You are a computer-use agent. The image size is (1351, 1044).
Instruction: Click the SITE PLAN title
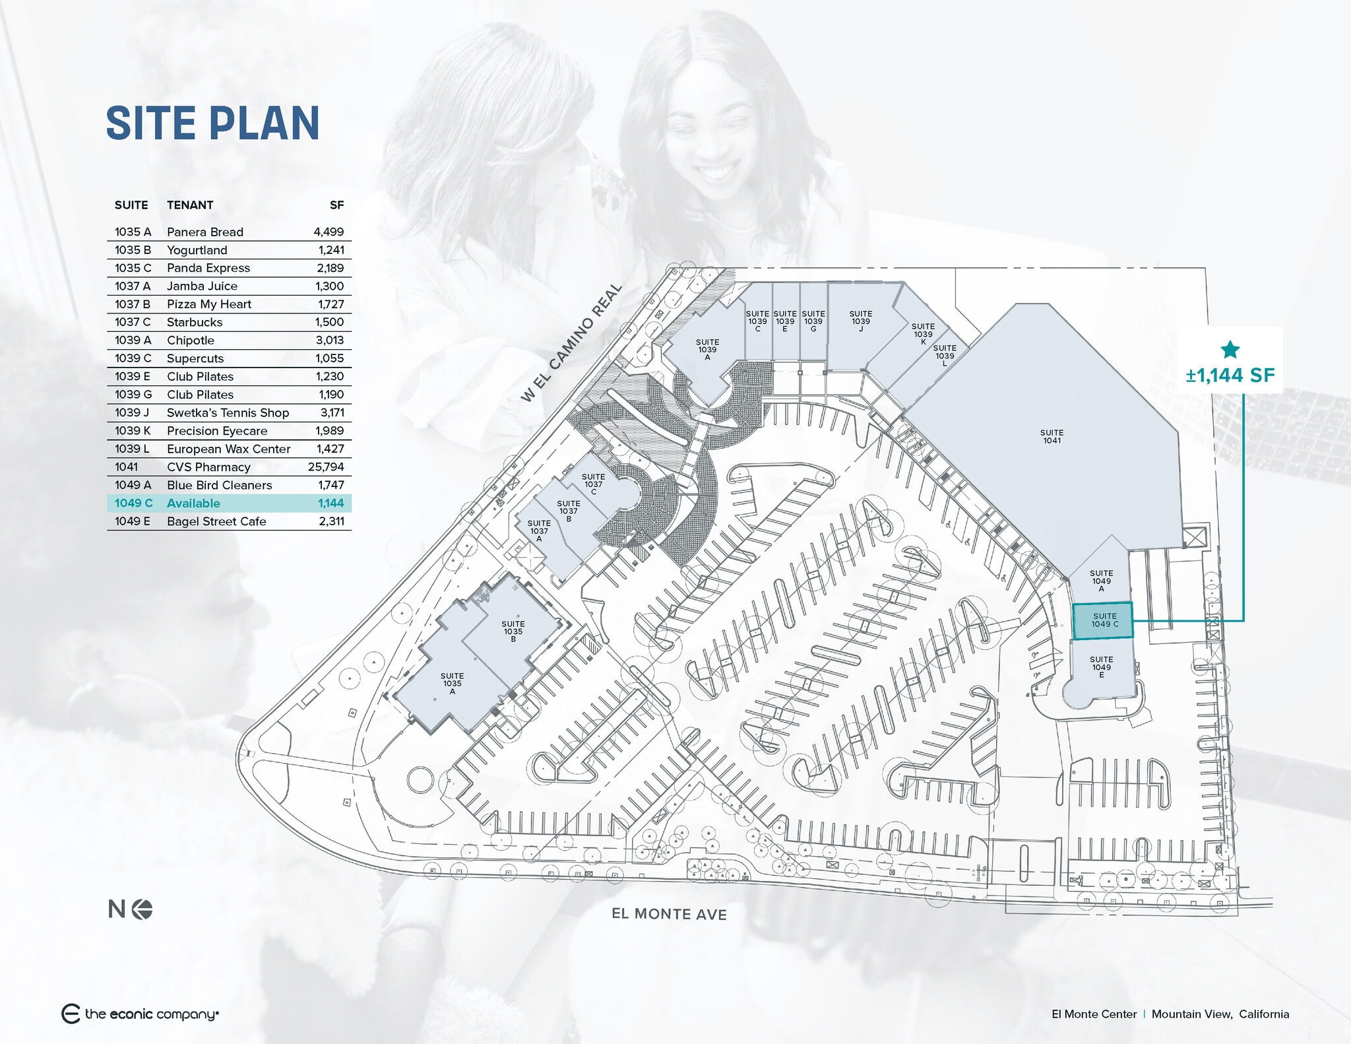212,123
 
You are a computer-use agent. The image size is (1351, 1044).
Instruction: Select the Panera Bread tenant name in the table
204,232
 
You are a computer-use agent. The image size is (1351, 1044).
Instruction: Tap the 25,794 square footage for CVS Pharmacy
326,467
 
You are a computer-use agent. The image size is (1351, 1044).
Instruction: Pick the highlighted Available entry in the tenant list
193,503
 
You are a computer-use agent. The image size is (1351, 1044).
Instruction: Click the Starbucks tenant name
195,322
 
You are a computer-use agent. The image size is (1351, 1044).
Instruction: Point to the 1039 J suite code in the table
132,412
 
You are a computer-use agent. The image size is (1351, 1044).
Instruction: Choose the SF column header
336,205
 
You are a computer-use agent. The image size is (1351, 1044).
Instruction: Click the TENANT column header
190,205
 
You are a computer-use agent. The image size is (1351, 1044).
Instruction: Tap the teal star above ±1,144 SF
1230,350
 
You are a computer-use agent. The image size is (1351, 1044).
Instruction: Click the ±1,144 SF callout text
1230,375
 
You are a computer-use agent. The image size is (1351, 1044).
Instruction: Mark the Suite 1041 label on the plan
1052,436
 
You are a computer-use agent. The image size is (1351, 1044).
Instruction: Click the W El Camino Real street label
571,343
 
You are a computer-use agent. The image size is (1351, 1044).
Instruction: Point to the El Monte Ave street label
669,914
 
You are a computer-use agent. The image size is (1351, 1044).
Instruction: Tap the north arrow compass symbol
142,909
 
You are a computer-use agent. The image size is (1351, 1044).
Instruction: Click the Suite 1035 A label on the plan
452,683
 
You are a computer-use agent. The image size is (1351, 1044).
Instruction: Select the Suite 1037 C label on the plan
593,484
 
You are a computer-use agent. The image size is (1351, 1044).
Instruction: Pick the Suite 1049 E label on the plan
1101,667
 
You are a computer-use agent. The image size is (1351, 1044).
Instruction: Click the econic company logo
140,1014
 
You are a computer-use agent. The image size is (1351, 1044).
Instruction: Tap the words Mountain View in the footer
1191,1014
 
